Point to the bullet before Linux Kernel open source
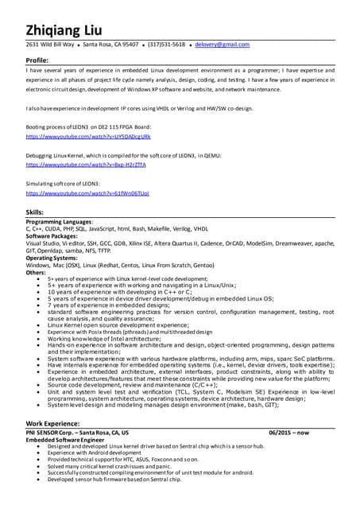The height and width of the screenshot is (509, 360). (41, 324)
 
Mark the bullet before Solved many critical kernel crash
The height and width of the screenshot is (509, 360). (41, 465)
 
